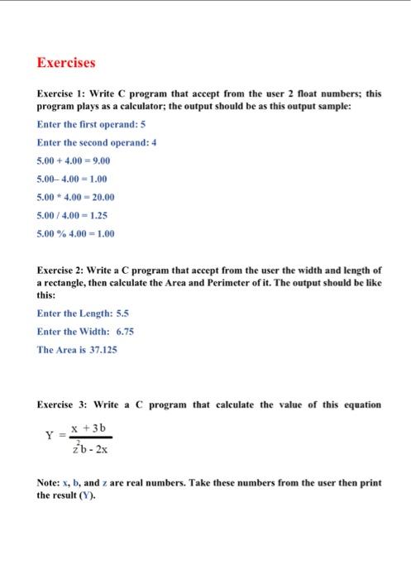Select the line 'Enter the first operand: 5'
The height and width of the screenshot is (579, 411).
coord(86,124)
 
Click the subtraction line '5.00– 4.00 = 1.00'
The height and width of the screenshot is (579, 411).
coord(73,179)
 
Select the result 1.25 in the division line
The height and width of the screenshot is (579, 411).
coord(98,215)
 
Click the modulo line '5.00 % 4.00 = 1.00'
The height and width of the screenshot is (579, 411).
coord(76,233)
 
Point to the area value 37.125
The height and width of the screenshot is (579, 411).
coord(99,350)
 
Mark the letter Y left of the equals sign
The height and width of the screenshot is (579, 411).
coord(50,435)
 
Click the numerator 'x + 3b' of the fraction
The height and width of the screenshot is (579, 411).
coord(91,428)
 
